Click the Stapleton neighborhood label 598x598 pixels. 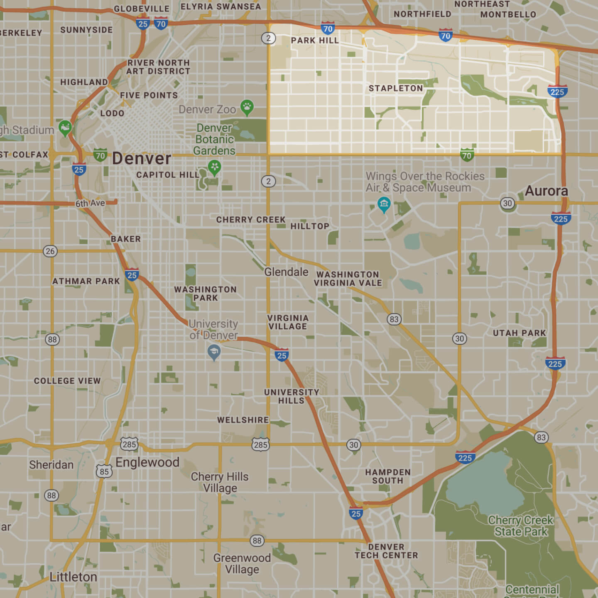point(396,88)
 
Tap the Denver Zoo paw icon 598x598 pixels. point(247,107)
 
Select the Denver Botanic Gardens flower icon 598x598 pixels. point(214,167)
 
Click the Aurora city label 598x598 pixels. point(546,191)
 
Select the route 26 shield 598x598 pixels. point(50,251)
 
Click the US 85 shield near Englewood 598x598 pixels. point(104,471)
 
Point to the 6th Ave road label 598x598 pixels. point(90,203)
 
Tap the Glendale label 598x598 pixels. point(286,272)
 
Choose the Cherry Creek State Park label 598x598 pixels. point(521,526)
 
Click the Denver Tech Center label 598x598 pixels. point(386,551)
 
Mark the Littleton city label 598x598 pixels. point(73,577)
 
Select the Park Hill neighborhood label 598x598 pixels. point(315,41)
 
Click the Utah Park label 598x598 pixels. point(519,333)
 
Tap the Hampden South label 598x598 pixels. point(387,476)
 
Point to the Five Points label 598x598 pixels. point(149,96)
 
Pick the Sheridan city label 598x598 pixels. point(51,465)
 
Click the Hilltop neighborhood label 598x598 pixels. point(310,226)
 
